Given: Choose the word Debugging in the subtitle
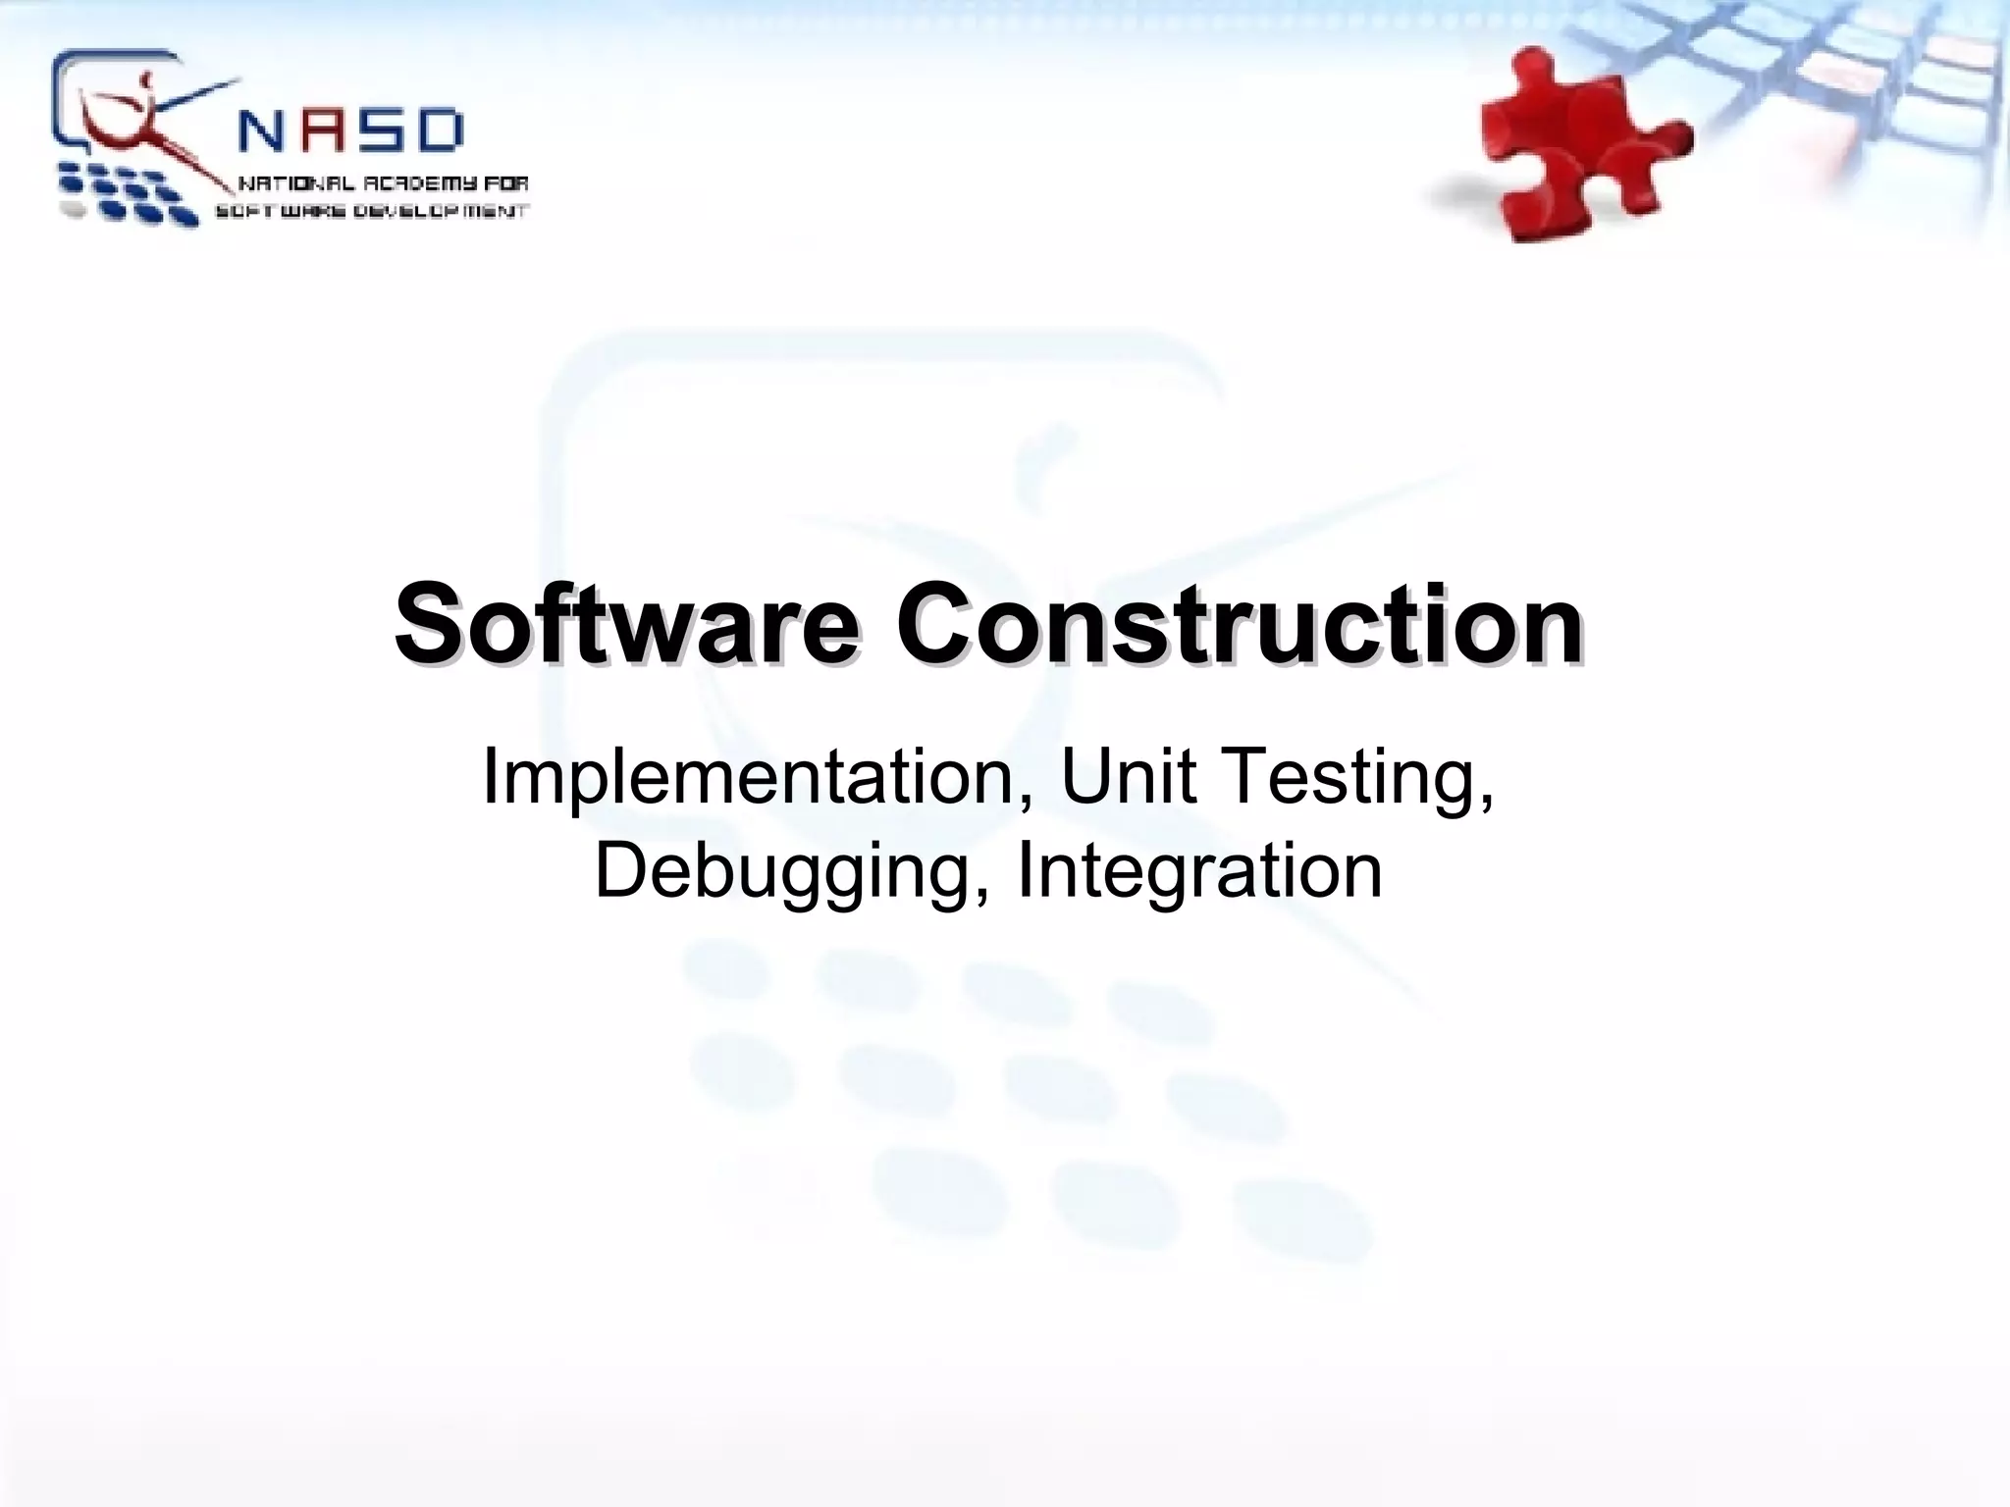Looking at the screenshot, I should point(781,870).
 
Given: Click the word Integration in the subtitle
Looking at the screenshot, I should point(1199,870).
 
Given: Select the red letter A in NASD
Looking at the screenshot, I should point(325,131).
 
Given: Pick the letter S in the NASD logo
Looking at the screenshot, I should point(382,131).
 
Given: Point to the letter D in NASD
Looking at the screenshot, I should point(439,131).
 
